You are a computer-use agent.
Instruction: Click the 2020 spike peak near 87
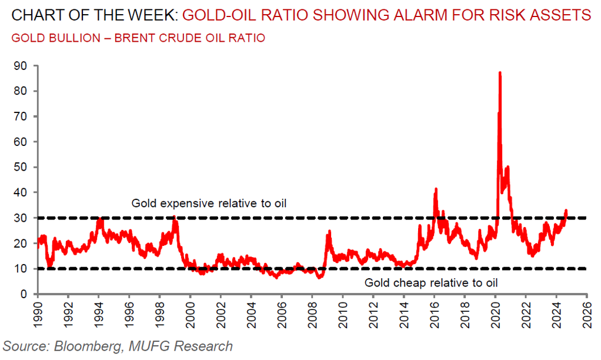(500, 73)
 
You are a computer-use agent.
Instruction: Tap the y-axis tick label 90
(21, 66)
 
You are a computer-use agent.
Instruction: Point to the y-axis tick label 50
(21, 167)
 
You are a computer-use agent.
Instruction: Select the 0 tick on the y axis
(24, 294)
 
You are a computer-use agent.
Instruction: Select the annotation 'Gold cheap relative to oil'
(431, 282)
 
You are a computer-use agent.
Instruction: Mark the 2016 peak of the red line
(436, 189)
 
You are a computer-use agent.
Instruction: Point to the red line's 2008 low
(319, 277)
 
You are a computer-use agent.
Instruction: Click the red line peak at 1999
(175, 216)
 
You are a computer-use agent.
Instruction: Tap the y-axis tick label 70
(21, 116)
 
